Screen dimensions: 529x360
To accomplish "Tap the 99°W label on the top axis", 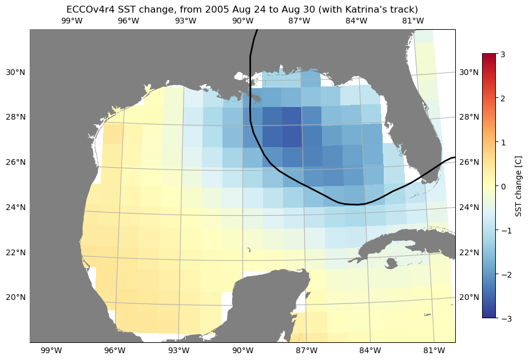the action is pos(71,21).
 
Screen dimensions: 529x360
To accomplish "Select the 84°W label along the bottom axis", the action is pos(370,350).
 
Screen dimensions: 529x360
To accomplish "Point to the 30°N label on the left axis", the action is pos(15,72).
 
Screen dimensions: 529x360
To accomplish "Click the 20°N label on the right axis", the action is pos(469,297).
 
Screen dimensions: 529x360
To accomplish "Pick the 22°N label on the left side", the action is pos(15,252).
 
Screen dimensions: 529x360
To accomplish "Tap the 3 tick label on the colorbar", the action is pos(503,54).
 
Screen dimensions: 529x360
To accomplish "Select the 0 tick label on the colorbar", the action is pos(503,187).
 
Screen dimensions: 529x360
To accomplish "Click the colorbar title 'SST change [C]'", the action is pos(519,187).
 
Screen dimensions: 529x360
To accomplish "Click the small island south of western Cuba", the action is pos(391,263).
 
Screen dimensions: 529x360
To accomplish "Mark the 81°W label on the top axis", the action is pos(413,21).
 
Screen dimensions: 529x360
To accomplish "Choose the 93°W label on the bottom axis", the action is pos(179,350).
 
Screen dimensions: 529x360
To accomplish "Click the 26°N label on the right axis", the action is pos(469,162).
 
